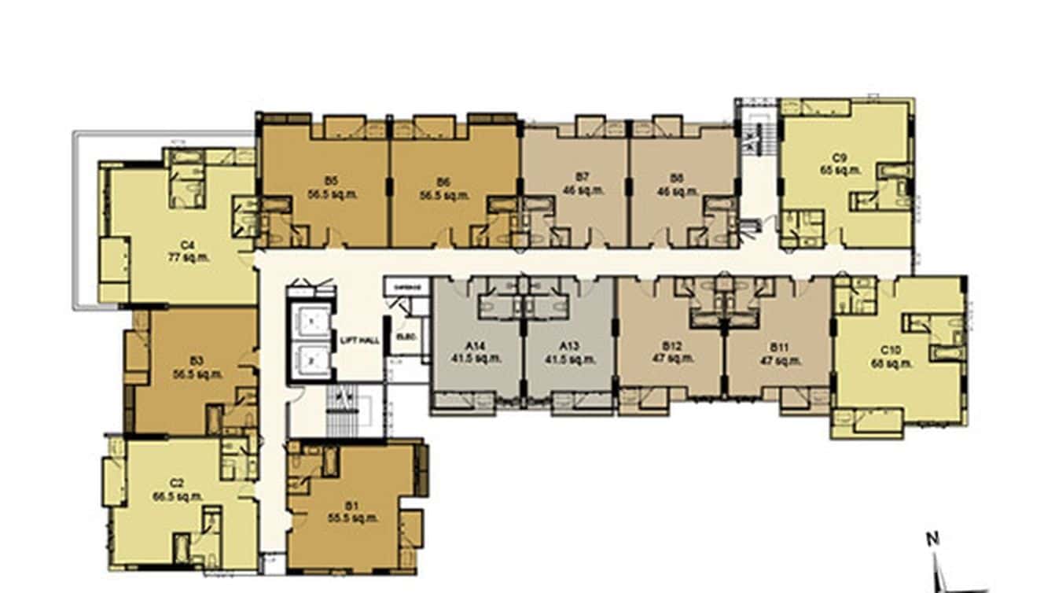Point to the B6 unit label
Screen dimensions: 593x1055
(445, 182)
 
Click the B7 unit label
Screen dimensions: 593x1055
(582, 178)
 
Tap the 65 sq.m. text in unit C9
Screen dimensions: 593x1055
(840, 169)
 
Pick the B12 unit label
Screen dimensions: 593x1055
(671, 346)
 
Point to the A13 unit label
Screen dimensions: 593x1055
(569, 346)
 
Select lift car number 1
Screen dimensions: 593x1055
(311, 322)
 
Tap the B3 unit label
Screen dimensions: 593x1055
(197, 361)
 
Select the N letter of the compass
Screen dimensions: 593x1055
(933, 540)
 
